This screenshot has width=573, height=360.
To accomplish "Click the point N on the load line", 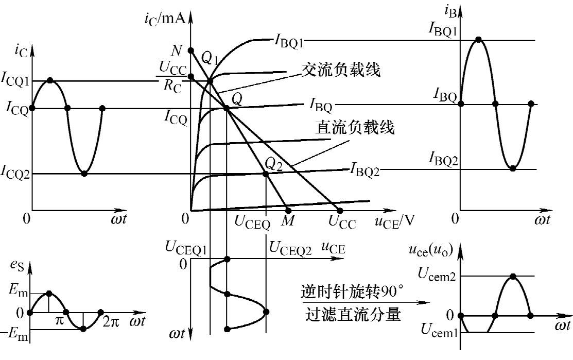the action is pos(190,50).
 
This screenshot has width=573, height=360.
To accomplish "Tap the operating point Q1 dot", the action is pos(210,81).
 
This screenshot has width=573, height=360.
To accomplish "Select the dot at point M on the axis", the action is pos(288,211).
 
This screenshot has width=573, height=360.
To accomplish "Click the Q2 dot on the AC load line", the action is pos(266,174).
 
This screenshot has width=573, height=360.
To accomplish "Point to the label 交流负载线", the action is pos(341,70).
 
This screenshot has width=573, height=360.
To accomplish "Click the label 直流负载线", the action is pos(355,128).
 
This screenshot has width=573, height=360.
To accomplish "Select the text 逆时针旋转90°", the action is pos(353,292).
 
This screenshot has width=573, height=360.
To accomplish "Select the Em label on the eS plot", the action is pos(18,291).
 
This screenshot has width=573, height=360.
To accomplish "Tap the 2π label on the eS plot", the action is pos(111,321).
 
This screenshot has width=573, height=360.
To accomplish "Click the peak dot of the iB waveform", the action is pos(478,40).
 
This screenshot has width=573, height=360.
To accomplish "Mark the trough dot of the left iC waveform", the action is pos(84,174).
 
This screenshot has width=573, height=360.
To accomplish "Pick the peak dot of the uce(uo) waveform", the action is pos(513,276).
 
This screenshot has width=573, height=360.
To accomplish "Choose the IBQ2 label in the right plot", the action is pos(443,159).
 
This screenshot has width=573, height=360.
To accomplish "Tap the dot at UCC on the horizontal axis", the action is pos(340,211).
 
